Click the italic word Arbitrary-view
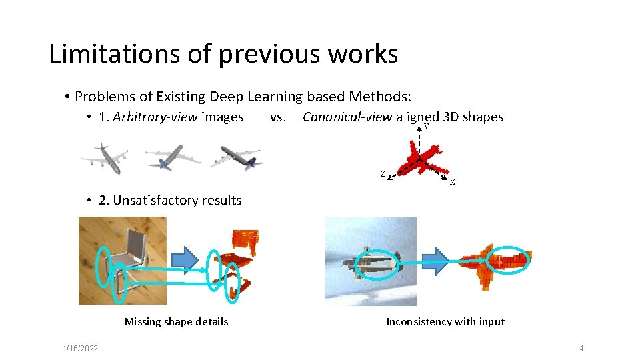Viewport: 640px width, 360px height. pyautogui.click(x=155, y=117)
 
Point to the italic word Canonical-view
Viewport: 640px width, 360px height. pyautogui.click(x=347, y=117)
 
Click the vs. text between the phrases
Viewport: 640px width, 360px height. pyautogui.click(x=278, y=117)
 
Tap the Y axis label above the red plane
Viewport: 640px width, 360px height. pyautogui.click(x=426, y=127)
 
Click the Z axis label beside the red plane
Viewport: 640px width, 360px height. pyautogui.click(x=383, y=174)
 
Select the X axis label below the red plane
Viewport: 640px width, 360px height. pyautogui.click(x=452, y=182)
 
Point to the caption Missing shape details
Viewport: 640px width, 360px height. pyautogui.click(x=176, y=322)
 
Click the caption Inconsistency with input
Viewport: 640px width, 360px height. pyautogui.click(x=445, y=322)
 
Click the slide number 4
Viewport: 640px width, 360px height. pyautogui.click(x=581, y=349)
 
